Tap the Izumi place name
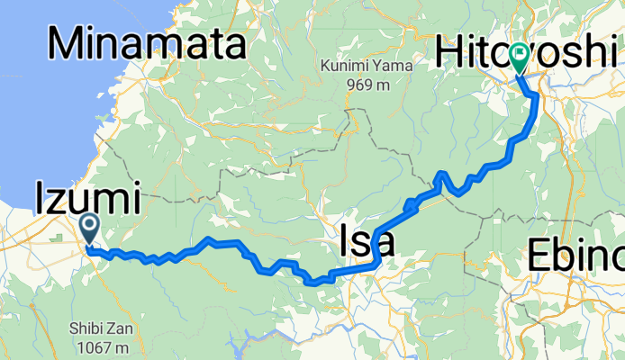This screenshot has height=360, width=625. point(87,197)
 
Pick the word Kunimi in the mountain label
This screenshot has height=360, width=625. point(346,66)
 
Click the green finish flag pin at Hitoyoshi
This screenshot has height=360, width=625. point(520,56)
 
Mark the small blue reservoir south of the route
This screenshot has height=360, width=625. point(241,342)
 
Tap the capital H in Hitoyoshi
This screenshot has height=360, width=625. point(448,51)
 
